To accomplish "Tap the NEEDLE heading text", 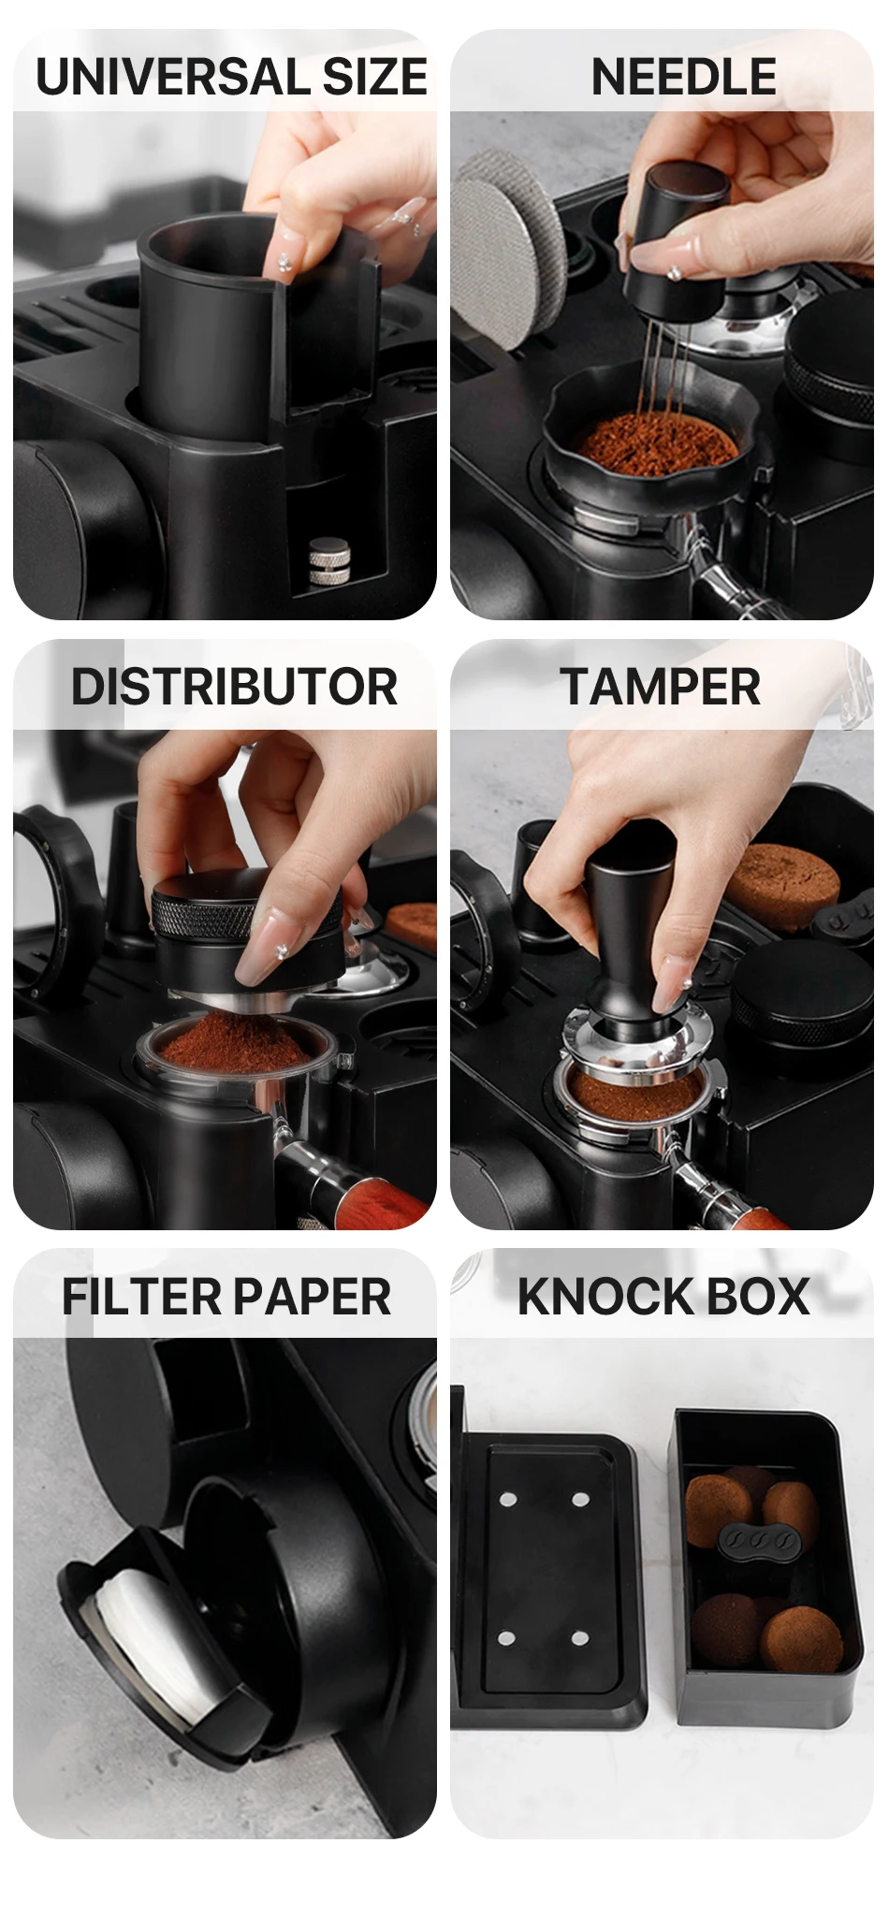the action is (684, 77).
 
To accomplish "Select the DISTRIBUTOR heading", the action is (234, 687).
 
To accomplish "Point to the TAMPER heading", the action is (661, 687).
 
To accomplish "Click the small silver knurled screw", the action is (329, 561).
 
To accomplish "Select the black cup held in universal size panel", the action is (253, 327).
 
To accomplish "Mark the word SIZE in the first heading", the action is (374, 77).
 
